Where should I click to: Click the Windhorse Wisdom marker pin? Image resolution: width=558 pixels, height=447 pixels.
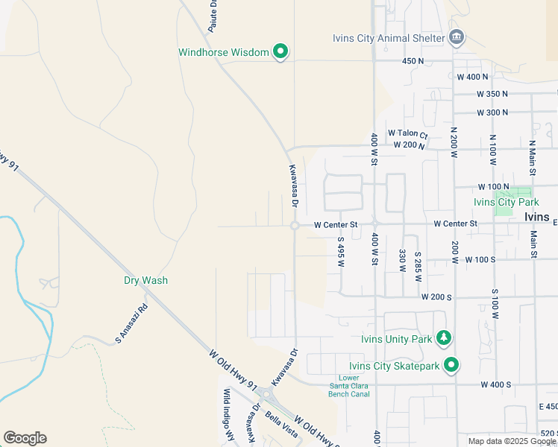tap(280, 51)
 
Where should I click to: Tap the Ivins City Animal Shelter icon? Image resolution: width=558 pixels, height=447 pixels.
tap(457, 37)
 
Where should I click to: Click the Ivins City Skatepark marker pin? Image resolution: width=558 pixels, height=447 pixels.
tap(451, 365)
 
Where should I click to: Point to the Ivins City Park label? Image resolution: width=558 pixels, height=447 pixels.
tap(506, 202)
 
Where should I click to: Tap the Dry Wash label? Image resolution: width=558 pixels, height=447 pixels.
tap(145, 281)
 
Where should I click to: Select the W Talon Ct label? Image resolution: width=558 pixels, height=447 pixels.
tap(407, 134)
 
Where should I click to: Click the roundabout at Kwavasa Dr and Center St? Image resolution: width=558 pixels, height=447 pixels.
tap(295, 225)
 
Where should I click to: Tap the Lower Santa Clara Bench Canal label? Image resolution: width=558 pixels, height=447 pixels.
tap(348, 385)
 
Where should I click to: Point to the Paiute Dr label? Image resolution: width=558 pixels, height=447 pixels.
tap(213, 14)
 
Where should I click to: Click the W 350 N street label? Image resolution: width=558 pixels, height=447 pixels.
tap(492, 94)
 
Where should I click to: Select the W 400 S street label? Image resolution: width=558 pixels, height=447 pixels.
tap(495, 384)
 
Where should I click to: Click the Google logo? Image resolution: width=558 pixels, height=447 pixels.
tap(25, 438)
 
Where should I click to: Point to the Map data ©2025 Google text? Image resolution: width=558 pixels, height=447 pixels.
tap(511, 441)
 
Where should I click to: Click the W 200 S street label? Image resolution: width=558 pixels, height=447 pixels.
tap(436, 297)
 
